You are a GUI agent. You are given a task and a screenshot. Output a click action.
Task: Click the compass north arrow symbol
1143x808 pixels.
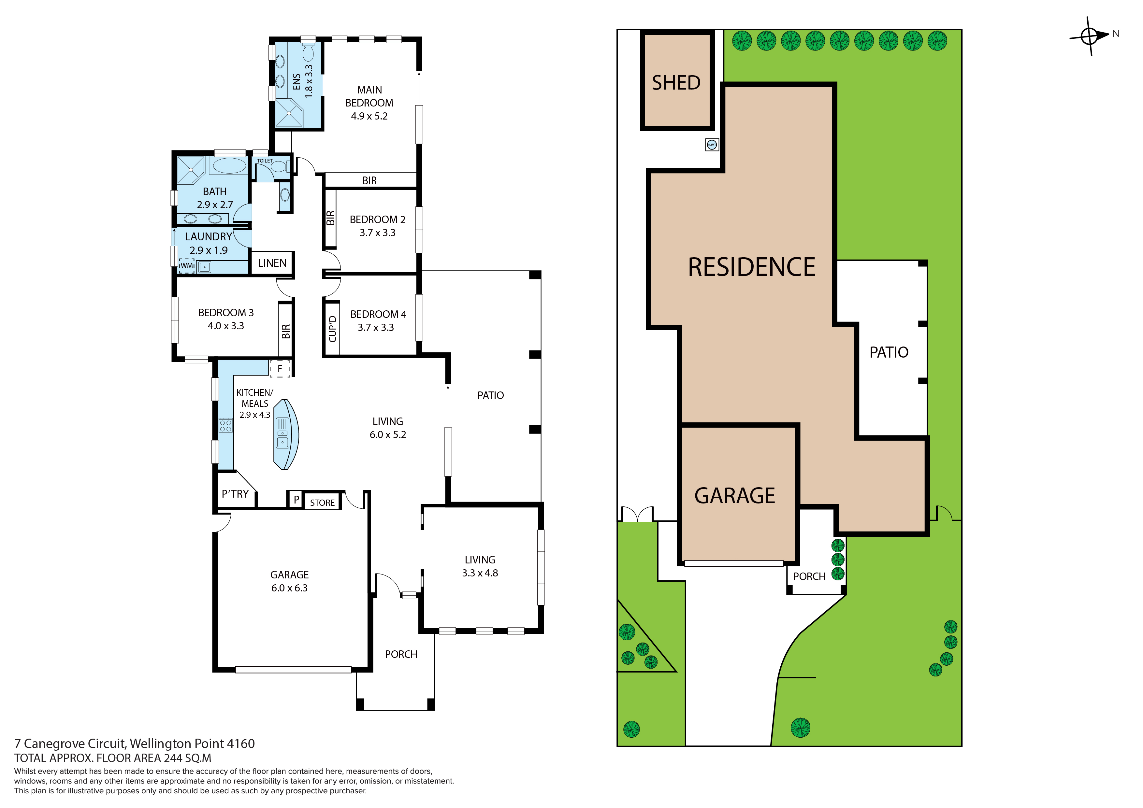point(1090,36)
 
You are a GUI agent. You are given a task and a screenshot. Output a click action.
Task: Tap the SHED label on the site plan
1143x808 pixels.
point(676,83)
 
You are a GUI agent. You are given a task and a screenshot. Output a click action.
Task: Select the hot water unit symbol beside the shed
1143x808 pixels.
point(712,145)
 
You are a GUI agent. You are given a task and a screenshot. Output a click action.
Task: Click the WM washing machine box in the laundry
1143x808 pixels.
point(186,266)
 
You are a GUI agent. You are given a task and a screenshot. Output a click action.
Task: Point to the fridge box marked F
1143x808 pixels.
point(280,369)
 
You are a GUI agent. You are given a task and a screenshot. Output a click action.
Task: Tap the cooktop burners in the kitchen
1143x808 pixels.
point(225,425)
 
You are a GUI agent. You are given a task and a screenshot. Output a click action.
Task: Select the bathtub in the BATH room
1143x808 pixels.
point(229,166)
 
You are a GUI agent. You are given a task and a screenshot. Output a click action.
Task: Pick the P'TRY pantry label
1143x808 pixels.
point(235,494)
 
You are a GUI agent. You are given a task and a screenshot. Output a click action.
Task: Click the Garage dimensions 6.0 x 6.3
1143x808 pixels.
point(289,588)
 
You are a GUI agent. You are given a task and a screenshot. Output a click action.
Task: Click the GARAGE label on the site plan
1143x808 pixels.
point(735,496)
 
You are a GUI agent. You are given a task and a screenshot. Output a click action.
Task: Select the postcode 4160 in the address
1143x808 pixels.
point(240,744)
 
